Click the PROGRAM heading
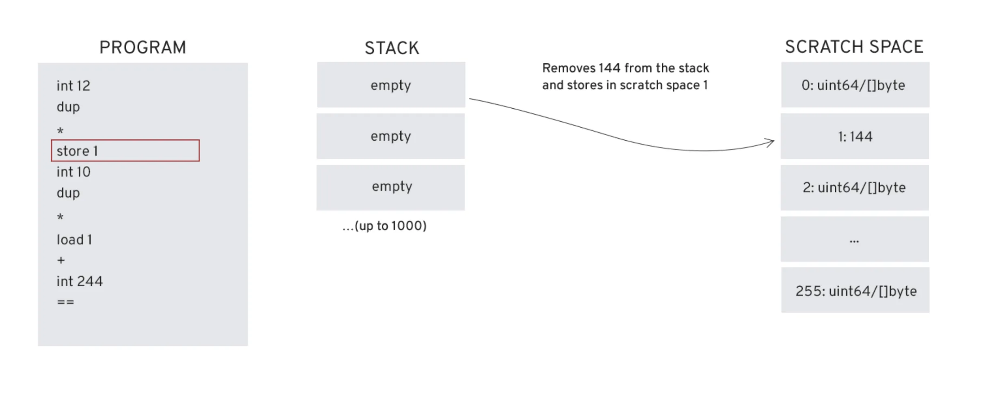click(143, 47)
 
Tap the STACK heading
click(391, 48)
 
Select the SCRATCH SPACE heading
click(854, 47)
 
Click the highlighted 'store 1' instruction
click(125, 151)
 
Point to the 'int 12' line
click(73, 86)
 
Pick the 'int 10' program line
click(73, 172)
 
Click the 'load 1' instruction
click(74, 240)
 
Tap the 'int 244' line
click(80, 281)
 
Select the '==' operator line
click(65, 302)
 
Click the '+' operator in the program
click(61, 260)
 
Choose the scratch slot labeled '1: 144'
click(855, 137)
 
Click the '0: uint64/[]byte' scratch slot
click(855, 85)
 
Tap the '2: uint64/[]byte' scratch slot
click(855, 188)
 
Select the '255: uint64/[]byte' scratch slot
click(855, 291)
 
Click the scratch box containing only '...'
click(855, 239)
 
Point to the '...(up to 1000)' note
click(384, 226)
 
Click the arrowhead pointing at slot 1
click(771, 142)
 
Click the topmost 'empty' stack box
click(391, 85)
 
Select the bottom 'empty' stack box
click(391, 187)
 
